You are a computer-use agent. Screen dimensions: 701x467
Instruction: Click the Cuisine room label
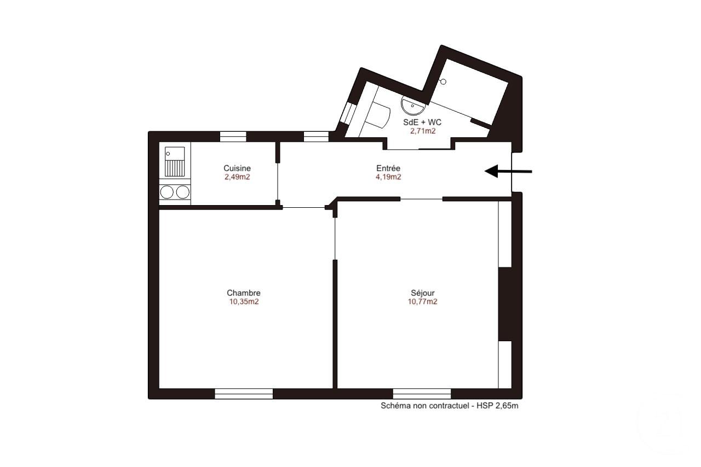237,168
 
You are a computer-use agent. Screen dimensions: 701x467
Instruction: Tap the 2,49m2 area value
237,177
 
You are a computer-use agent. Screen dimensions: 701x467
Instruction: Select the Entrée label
388,168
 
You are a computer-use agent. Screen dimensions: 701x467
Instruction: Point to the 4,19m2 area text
388,177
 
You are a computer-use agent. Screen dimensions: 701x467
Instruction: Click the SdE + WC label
422,122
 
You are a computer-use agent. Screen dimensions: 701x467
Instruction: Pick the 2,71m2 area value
423,131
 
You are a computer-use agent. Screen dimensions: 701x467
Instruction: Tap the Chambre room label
244,293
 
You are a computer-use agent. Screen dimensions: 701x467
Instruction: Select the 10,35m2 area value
244,302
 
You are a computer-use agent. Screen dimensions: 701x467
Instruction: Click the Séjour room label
422,293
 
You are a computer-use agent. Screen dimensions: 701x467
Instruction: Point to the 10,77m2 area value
422,302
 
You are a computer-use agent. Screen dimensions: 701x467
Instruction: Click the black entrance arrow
508,171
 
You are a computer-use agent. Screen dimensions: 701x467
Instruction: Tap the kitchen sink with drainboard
175,162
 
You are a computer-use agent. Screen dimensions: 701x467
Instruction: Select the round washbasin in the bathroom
413,106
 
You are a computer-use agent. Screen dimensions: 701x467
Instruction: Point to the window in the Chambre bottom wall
244,394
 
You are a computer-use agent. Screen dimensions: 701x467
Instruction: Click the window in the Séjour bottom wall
422,394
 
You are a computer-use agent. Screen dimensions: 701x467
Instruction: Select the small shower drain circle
443,82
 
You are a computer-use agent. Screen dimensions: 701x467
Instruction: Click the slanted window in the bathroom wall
348,113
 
